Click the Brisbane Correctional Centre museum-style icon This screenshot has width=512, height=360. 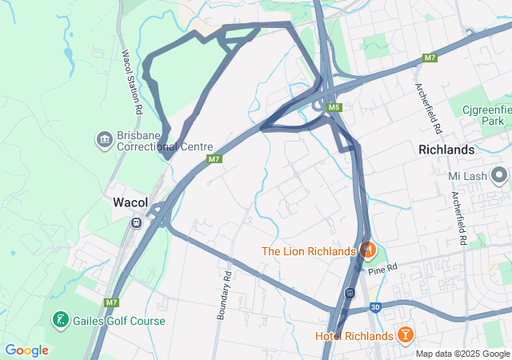point(105,141)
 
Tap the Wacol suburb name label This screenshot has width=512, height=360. point(130,202)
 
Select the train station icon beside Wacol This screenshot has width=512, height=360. point(137,222)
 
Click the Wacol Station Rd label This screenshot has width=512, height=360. point(131,82)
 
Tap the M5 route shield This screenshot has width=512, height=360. point(334,108)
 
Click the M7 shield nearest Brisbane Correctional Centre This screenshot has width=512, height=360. point(214,160)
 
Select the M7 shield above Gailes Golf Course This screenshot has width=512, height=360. point(111,302)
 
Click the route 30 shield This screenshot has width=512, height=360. point(374,306)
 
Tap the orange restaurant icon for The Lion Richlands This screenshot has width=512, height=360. point(367,250)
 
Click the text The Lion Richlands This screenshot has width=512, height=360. point(308,251)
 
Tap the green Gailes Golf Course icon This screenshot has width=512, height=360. point(60,321)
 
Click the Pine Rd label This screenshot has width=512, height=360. point(383,267)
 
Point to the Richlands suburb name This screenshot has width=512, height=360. point(446,150)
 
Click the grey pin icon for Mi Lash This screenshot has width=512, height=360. point(500,174)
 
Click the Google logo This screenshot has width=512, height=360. point(26,350)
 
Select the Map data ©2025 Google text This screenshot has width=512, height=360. point(462,354)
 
